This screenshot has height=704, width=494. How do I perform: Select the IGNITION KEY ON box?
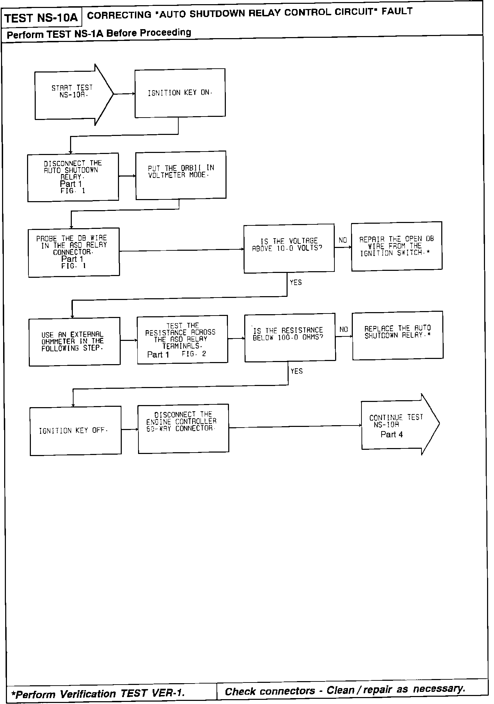(x=180, y=93)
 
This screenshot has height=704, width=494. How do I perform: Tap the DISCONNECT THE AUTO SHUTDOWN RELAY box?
(x=73, y=177)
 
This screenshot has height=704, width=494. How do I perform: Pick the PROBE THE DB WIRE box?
(x=74, y=252)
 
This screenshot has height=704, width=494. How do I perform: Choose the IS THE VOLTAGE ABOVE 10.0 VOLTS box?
(x=289, y=248)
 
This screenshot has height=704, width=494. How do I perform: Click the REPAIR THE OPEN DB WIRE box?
(x=397, y=246)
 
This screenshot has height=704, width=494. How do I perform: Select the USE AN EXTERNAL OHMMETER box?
(x=74, y=341)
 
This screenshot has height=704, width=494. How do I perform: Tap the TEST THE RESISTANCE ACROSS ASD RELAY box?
(x=182, y=339)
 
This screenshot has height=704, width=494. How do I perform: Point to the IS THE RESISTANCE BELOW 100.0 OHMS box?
(x=290, y=337)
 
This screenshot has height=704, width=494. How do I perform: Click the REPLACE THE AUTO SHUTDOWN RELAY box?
(x=398, y=335)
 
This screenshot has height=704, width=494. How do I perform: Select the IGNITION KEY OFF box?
(x=75, y=430)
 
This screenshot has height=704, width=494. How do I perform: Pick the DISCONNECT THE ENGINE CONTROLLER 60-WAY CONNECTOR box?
(x=183, y=428)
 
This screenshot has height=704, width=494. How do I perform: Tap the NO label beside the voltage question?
(x=343, y=240)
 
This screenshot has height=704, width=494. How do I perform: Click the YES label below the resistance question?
(x=297, y=371)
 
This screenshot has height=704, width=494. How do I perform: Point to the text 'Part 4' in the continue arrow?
(x=392, y=435)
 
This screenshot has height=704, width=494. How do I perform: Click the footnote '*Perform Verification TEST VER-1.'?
(x=98, y=693)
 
